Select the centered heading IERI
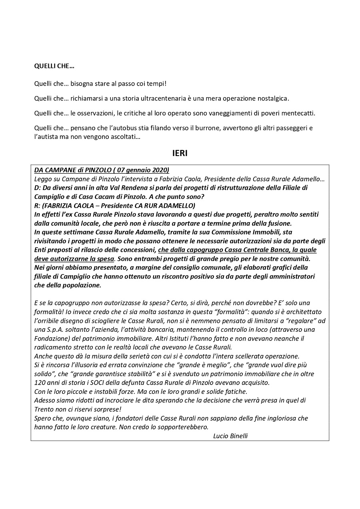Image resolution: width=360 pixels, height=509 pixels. [180, 153]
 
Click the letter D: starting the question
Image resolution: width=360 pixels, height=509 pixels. [38, 188]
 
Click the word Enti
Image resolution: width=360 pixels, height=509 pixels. [40, 250]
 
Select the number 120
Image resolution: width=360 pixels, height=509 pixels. [39, 383]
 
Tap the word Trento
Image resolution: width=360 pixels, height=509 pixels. [43, 409]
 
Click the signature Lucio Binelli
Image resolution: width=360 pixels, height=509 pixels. [230, 436]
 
